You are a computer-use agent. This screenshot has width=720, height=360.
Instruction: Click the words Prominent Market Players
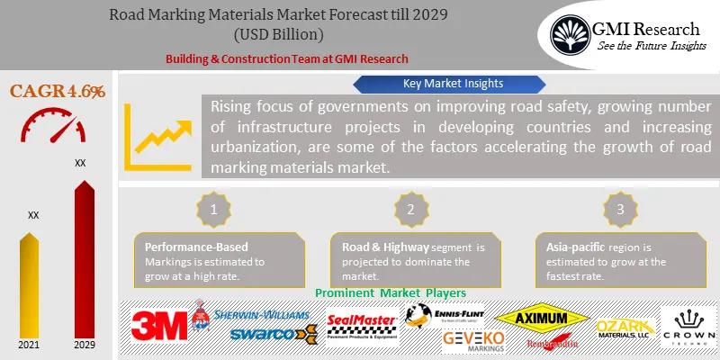(x=391, y=292)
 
